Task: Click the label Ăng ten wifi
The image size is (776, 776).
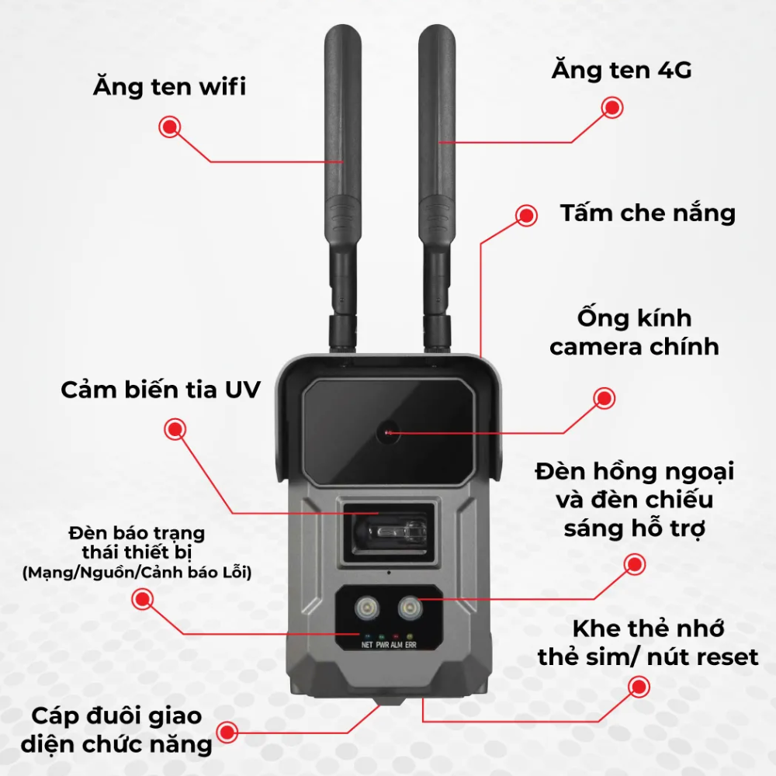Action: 169,86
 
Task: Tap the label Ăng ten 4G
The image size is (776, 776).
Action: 622,70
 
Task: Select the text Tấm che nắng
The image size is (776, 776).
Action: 648,213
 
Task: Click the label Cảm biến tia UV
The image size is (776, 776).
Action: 161,390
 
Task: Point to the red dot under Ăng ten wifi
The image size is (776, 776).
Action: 170,127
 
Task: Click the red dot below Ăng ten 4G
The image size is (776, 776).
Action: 612,108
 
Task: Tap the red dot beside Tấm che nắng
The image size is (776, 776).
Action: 526,215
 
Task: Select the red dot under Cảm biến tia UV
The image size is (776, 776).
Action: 175,429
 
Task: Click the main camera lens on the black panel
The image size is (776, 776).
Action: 387,432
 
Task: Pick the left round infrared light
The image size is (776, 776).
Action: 367,607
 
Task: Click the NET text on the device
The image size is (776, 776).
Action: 367,645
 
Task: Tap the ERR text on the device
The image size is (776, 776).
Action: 411,645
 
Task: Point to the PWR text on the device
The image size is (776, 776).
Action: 382,645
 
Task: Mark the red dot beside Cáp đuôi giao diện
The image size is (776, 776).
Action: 227,732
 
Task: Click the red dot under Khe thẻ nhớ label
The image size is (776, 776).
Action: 639,687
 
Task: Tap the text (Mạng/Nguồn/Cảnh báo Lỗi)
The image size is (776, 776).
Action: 137,573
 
